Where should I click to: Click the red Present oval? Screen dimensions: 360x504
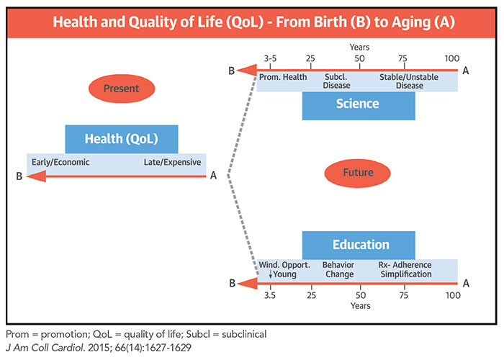[x=121, y=89]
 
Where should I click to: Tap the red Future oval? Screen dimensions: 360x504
[x=358, y=173]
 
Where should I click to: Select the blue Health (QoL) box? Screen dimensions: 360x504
[x=121, y=139]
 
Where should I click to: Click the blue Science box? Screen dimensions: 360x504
[x=358, y=104]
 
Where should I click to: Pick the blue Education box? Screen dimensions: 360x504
[x=358, y=245]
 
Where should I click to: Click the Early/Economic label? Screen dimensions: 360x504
[x=60, y=162]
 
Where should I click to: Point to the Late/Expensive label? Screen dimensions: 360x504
[x=172, y=162]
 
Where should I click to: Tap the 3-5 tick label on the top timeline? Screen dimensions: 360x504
[x=270, y=58]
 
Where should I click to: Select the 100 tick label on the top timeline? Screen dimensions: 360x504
[x=452, y=58]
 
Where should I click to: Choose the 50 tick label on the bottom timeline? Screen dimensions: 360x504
[x=360, y=295]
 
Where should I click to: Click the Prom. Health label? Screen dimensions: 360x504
[x=284, y=76]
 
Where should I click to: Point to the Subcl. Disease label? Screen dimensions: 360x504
[x=337, y=81]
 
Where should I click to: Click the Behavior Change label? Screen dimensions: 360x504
[x=338, y=269]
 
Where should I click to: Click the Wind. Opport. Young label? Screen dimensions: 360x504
[x=284, y=269]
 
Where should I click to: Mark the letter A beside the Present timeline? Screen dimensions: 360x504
[x=213, y=176]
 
